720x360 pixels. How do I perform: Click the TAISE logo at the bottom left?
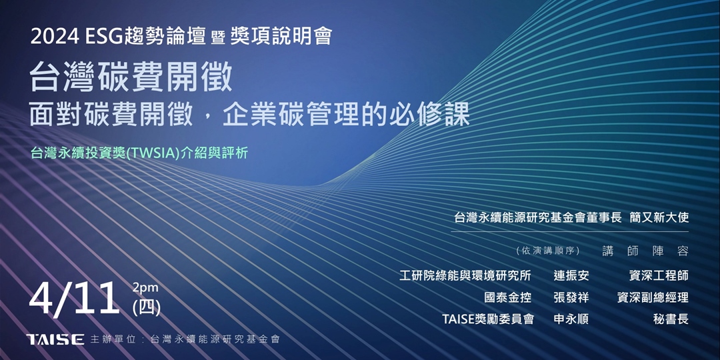click(55, 339)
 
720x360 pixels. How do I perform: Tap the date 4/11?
click(75, 299)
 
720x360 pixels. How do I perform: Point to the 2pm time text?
click(145, 288)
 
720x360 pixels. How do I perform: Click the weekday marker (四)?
click(147, 307)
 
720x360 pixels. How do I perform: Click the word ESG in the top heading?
click(105, 37)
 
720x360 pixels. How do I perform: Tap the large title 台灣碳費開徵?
click(131, 78)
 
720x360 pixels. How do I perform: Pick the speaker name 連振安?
click(571, 275)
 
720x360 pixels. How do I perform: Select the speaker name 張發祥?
click(571, 297)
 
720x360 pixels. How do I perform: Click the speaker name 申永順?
click(571, 319)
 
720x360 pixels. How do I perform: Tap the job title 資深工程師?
click(659, 275)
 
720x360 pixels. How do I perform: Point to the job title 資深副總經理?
click(653, 297)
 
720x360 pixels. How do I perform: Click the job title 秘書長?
click(671, 319)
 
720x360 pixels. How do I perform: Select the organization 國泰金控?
click(508, 297)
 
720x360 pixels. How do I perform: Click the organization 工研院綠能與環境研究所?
click(465, 275)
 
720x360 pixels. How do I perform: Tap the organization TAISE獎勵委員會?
click(488, 319)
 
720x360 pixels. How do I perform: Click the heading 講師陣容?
click(645, 251)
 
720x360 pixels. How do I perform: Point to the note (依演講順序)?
click(548, 251)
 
